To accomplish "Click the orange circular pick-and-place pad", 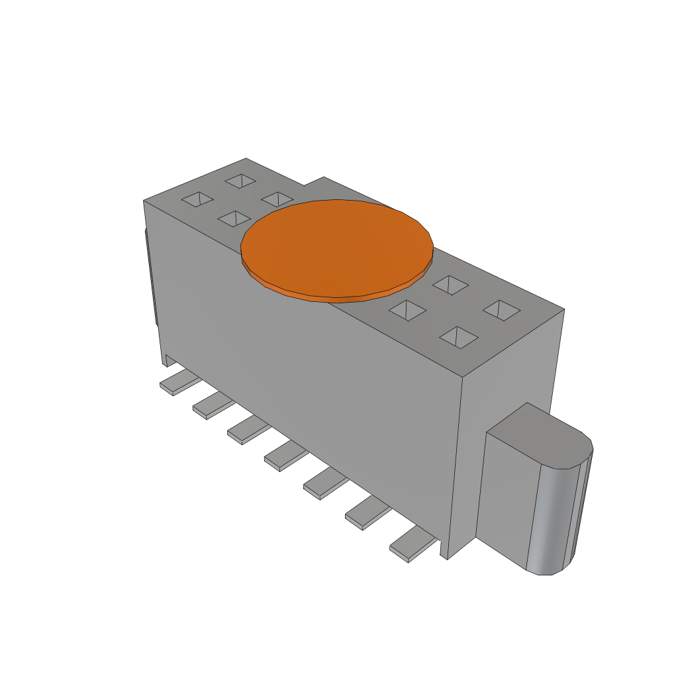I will point(336,246).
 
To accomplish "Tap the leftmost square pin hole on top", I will point(197,199).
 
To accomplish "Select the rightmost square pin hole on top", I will point(501,310).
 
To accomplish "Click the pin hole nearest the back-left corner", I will point(240,180).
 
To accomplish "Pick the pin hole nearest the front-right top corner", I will point(459,336).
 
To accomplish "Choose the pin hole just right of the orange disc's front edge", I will point(407,310).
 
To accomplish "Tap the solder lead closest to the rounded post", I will point(412,547).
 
